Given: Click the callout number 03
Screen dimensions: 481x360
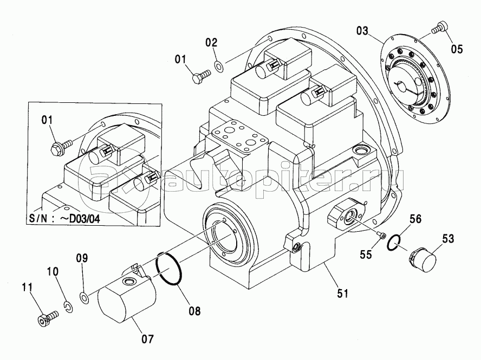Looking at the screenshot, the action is pos(362,31).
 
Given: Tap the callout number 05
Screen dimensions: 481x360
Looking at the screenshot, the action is pos(457,49).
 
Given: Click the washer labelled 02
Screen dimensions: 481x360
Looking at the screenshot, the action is pos(219,66).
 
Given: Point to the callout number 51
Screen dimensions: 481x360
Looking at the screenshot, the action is pos(342,293).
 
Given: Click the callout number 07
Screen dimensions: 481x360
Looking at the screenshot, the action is pos(147,339).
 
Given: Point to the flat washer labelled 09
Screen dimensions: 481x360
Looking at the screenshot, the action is pos(84,298).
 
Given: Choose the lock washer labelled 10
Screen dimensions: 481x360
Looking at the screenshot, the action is pos(69,307).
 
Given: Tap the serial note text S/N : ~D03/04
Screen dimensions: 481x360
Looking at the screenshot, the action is pos(64,218).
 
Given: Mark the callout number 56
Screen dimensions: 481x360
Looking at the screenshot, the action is pos(415,219).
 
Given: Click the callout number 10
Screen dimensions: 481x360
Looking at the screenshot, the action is pos(53,271).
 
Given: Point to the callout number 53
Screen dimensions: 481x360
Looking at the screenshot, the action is pos(448,238).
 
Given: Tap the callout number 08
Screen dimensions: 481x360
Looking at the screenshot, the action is pos(195,311).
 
